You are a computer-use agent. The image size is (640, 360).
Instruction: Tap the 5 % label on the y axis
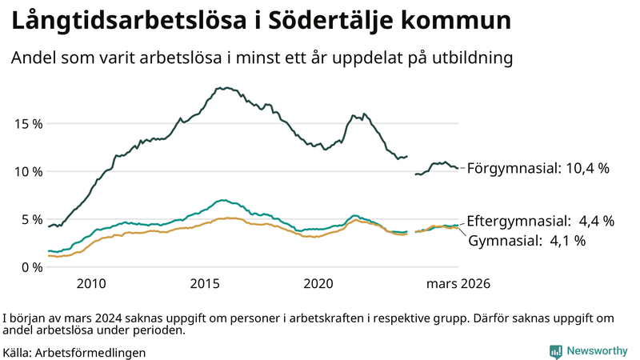coord(29,219)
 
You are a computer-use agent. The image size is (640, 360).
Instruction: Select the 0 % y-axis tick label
coord(29,267)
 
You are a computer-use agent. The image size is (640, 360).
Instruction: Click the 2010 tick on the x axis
coord(91,284)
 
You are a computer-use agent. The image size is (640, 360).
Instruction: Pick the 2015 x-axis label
coord(205,284)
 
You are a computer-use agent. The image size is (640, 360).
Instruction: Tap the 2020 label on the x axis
coord(318,284)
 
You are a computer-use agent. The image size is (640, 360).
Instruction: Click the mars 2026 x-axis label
coord(458,284)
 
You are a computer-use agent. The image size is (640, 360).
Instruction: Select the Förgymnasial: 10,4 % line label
coord(538,169)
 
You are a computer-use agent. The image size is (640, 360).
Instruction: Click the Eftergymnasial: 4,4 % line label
coord(540,221)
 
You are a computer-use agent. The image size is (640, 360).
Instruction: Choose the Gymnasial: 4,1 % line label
coord(527,240)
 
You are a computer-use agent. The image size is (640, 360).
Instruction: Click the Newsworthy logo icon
coord(555,351)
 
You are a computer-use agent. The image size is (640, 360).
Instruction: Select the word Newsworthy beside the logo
coord(597,351)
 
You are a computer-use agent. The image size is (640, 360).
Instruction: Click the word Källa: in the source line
coord(18,352)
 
